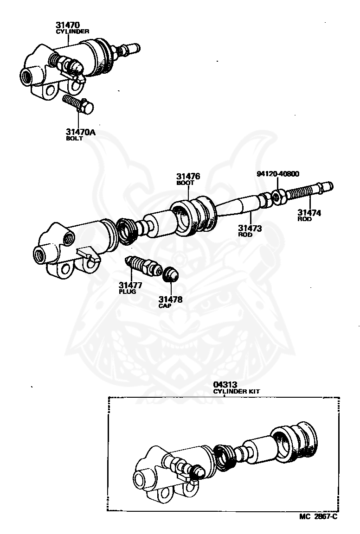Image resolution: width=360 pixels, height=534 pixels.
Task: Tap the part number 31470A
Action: (x=81, y=132)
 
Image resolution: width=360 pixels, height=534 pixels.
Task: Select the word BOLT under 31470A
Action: (x=74, y=139)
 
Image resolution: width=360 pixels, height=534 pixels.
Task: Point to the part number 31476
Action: (x=188, y=177)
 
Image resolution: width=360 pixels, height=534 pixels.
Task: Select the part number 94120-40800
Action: (x=278, y=174)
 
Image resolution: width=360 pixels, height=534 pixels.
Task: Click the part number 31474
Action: (x=309, y=213)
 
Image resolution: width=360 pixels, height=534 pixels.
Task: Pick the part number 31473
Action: (x=251, y=228)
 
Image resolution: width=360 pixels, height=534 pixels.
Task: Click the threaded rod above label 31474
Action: (x=309, y=191)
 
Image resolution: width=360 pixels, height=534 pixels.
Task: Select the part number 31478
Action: (x=170, y=299)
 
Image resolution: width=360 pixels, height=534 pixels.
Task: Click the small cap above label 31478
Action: (x=171, y=274)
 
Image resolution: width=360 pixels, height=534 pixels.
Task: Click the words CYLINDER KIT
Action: (x=237, y=391)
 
